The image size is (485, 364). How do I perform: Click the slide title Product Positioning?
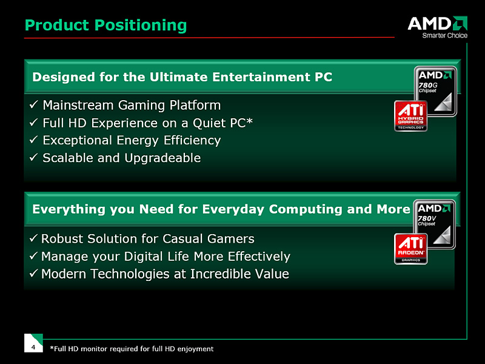pos(105,25)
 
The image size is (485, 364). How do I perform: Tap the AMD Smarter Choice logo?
pos(437,27)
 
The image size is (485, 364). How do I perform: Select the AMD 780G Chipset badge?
pos(435,90)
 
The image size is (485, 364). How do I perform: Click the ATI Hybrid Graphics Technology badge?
pos(411,116)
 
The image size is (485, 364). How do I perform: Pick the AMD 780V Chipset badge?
pos(434,224)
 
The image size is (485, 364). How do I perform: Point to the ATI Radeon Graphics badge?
pos(411,249)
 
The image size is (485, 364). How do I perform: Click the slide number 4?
pos(33,347)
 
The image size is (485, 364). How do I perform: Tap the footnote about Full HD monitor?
pos(132,349)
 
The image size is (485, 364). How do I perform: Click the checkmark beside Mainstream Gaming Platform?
pos(34,104)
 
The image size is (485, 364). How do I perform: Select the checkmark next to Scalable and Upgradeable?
pos(34,157)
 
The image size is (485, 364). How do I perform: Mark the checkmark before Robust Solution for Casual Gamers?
pos(33,238)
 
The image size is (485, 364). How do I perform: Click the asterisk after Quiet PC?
pos(249,121)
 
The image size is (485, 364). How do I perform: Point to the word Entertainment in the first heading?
pos(261,77)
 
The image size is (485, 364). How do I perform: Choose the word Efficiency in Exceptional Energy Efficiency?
pos(192,141)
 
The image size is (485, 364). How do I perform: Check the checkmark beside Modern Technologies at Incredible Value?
pos(33,274)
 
